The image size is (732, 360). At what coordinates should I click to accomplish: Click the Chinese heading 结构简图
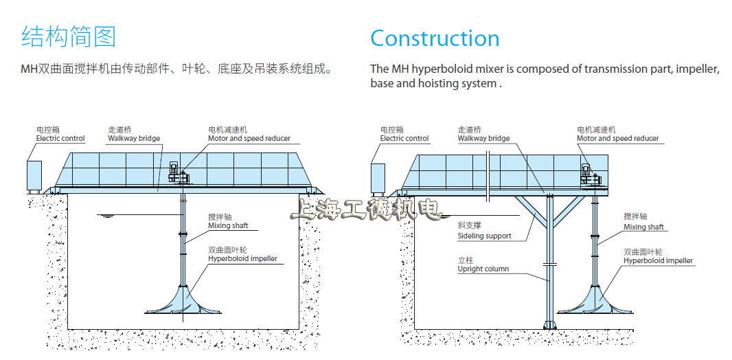(x=69, y=36)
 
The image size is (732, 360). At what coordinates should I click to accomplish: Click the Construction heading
(x=435, y=38)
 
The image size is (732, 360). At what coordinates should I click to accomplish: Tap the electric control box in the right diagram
(x=378, y=178)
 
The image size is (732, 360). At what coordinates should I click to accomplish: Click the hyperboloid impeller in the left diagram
(x=183, y=302)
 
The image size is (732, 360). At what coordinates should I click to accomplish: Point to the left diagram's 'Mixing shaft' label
(x=229, y=225)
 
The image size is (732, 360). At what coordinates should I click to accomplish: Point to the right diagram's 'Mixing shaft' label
(x=644, y=227)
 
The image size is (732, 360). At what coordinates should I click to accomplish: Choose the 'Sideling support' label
(x=484, y=236)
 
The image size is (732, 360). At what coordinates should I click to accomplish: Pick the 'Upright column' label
(x=483, y=269)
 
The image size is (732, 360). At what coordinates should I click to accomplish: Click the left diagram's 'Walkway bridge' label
(x=134, y=138)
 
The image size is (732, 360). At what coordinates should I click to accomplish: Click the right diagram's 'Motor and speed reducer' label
(x=617, y=138)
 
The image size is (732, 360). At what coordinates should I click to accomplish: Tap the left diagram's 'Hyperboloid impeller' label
(x=243, y=259)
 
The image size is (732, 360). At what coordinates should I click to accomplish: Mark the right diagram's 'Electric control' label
(x=404, y=138)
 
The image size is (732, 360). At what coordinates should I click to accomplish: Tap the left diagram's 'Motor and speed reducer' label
(x=249, y=138)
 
